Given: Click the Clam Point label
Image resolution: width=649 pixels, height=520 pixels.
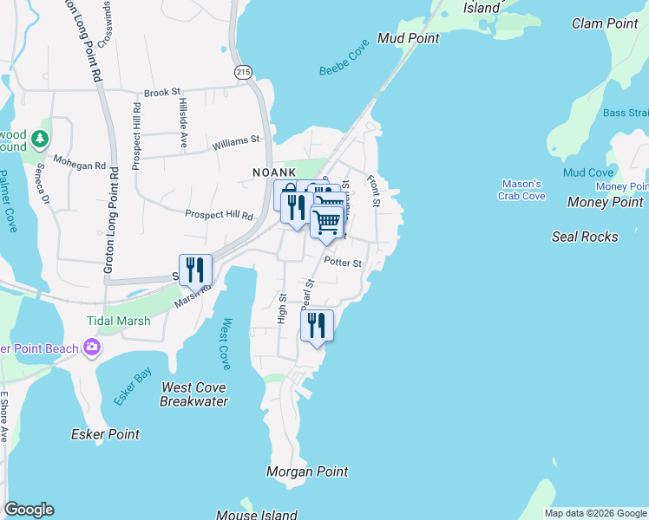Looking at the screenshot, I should [605, 23].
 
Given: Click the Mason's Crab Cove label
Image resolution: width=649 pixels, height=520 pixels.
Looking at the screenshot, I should [522, 190].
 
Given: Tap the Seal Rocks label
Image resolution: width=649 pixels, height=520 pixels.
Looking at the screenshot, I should [585, 237].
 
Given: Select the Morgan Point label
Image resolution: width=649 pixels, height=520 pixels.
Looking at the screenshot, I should [307, 471].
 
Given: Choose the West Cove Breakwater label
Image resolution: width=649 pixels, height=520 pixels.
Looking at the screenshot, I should [194, 394].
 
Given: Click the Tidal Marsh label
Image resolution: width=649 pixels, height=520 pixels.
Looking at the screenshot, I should [118, 321].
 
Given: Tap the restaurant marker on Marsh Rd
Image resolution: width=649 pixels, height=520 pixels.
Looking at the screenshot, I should [195, 270].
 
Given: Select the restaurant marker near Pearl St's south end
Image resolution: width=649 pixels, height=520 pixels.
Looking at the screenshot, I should [317, 325].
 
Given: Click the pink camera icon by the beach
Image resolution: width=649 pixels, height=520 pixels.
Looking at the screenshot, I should [92, 348].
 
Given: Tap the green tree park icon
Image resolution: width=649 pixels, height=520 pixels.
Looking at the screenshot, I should [39, 138].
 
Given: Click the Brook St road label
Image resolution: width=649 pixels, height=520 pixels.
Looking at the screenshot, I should [162, 92].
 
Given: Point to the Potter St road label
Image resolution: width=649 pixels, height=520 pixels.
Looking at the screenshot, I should [342, 262].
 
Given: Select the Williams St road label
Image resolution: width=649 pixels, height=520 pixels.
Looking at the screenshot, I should [235, 140].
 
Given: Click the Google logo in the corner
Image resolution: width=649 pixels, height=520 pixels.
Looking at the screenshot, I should [29, 510].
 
